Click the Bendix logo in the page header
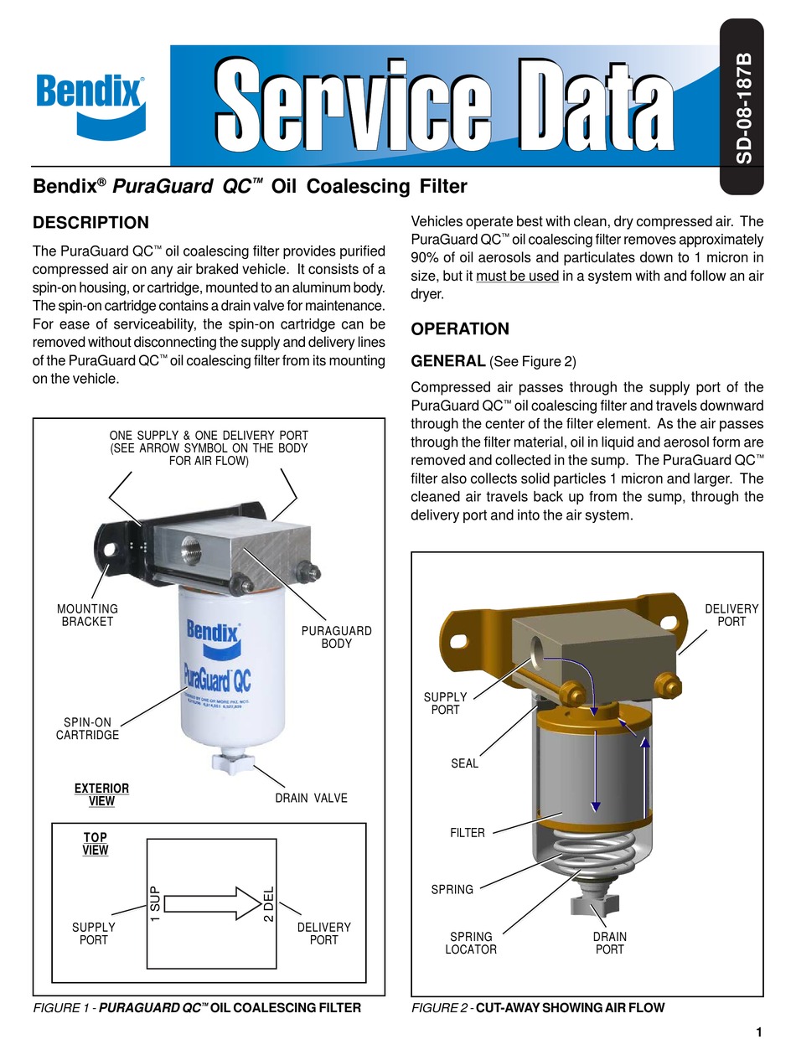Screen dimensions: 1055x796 [90, 99]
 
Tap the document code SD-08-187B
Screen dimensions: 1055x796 [743, 109]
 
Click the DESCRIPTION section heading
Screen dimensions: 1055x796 [90, 223]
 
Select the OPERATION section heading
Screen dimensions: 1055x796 [460, 329]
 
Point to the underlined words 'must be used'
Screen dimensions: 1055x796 [517, 277]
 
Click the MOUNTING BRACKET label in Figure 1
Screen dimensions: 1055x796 [88, 615]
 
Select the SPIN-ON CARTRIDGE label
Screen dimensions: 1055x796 [88, 728]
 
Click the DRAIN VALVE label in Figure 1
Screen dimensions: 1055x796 [311, 798]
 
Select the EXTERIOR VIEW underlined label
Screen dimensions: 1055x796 [102, 794]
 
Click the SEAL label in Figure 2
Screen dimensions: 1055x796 [464, 763]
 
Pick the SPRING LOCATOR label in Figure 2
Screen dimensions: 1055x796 [473, 943]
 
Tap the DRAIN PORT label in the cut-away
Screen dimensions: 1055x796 [610, 943]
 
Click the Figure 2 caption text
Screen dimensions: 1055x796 [538, 1008]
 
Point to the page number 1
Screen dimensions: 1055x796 [758, 1032]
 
